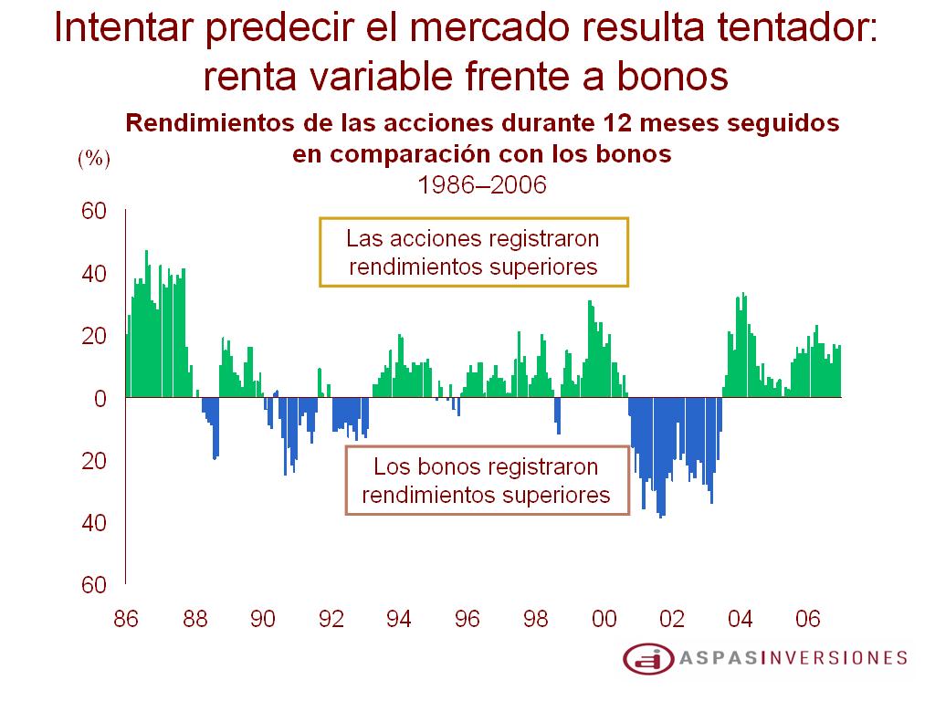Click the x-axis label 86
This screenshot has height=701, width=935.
tap(126, 620)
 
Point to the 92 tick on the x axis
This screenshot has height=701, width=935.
tap(331, 620)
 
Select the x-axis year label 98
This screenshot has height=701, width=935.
tap(536, 620)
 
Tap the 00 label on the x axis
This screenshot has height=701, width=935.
tap(604, 620)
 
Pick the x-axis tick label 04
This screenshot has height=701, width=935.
tap(741, 620)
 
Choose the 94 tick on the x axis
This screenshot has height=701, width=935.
tap(399, 620)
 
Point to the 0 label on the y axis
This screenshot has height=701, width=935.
tap(101, 399)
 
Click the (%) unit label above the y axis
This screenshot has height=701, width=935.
tap(93, 159)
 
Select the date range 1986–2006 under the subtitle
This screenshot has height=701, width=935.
tap(481, 184)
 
